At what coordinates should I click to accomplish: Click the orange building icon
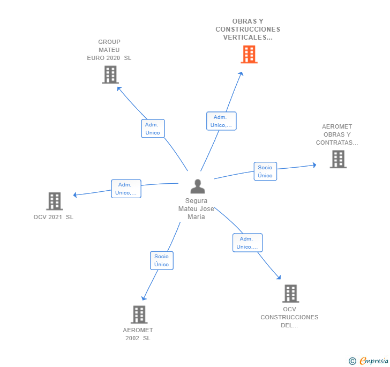pos(249,54)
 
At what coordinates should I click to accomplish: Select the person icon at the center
pos(198,186)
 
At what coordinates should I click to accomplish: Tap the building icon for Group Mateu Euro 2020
pos(110,75)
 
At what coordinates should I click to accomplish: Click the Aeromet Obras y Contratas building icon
pos(337,159)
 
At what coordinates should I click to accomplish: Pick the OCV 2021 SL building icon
pos(54,201)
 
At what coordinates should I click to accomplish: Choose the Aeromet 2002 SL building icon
pos(139,314)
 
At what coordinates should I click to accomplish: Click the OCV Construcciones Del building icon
pos(290,294)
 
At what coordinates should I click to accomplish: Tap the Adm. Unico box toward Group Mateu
pos(153,129)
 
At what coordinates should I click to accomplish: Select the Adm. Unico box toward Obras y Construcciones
pos(221,121)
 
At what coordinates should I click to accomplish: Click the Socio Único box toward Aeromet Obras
pos(265,171)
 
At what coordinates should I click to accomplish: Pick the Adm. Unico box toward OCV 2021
pos(126,189)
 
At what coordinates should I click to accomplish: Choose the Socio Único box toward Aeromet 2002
pos(161,260)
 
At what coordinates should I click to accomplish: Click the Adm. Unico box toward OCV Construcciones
pos(247,243)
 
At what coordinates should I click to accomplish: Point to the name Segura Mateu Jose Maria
pos(196,209)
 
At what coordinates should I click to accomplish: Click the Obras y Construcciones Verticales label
pos(247,29)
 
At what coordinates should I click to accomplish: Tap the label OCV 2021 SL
pos(53,217)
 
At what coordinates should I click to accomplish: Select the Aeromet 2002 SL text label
pos(138,334)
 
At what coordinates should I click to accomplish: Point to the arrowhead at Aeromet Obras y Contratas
pos(314,165)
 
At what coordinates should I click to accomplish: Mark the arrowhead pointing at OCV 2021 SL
pos(75,195)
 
